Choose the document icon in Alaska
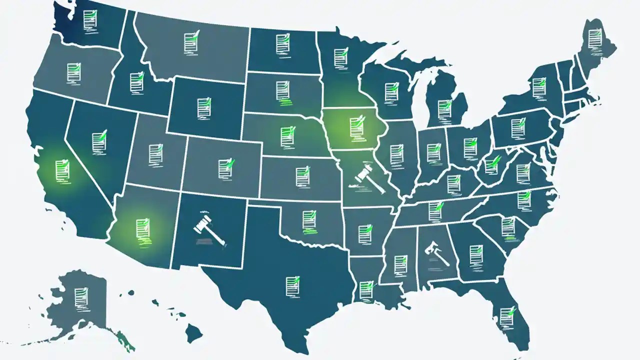click(x=80, y=296)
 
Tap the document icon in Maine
click(x=593, y=38)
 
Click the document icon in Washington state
click(x=90, y=20)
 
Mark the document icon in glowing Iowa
click(x=355, y=127)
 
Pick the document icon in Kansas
click(x=302, y=174)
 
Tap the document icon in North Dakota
click(x=282, y=43)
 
